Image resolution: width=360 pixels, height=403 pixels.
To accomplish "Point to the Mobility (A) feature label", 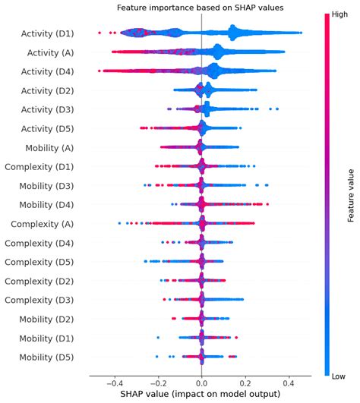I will [x=48, y=147].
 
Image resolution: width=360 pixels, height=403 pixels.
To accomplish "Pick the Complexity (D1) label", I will [x=39, y=166].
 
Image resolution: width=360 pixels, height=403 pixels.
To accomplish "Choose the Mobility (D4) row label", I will [x=46, y=204].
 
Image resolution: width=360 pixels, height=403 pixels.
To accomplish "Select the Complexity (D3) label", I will [x=39, y=299].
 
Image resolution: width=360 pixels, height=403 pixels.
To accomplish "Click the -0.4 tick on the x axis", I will [x=115, y=385].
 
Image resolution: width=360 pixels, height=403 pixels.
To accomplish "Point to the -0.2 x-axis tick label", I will [x=157, y=385].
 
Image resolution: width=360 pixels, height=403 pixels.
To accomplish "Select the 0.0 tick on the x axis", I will [x=201, y=385].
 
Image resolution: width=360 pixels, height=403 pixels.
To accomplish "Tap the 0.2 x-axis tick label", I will [x=245, y=385].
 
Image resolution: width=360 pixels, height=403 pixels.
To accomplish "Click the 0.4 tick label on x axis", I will [x=288, y=385].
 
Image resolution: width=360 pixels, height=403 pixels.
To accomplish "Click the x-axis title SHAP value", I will [x=201, y=396].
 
